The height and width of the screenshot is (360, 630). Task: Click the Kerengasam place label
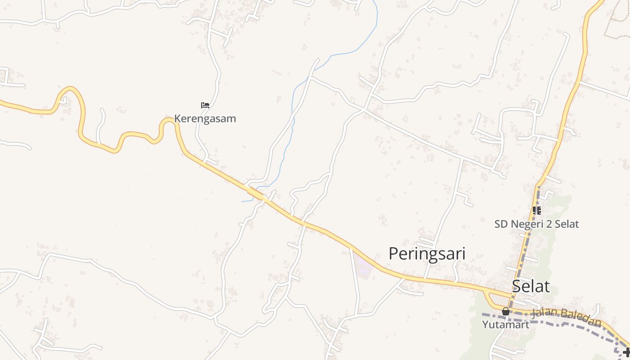tap(205, 119)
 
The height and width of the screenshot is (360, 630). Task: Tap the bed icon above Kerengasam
tap(205, 106)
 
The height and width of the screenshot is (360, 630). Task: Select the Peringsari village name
tap(427, 254)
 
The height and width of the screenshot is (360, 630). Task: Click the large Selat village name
tap(531, 287)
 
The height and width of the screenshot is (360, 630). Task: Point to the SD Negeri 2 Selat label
tap(536, 224)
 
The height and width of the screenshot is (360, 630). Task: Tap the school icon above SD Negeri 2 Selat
tap(536, 210)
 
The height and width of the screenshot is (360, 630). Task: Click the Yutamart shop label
tap(505, 324)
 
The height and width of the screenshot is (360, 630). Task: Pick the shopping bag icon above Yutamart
tap(506, 311)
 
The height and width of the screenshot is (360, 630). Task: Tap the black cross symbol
tap(626, 351)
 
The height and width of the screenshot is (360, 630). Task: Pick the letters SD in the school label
tap(501, 224)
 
